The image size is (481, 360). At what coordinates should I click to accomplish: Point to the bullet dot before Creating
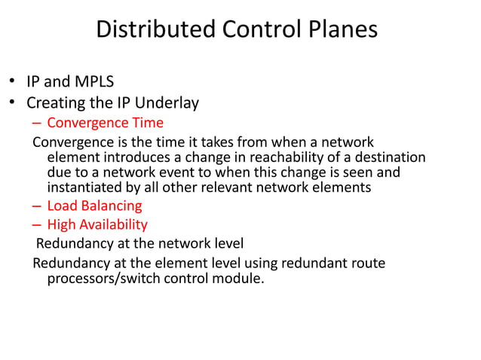(12, 102)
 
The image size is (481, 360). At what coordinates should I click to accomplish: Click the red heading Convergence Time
(105, 122)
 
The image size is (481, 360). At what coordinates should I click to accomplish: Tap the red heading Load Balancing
(94, 205)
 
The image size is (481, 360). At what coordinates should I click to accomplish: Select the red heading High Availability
(97, 224)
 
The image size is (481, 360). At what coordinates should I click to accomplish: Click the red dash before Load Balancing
(37, 205)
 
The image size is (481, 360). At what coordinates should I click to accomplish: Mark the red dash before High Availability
(37, 224)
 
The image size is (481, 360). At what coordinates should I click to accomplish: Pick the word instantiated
(85, 188)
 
